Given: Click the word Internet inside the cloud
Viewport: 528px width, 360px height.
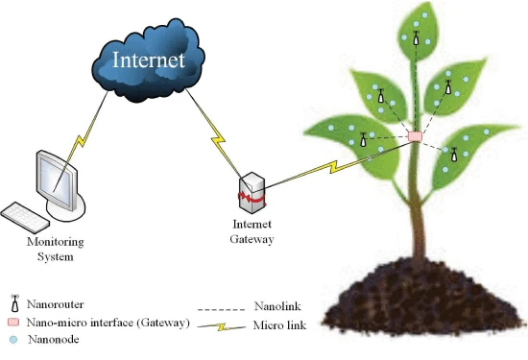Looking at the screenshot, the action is click(x=149, y=60).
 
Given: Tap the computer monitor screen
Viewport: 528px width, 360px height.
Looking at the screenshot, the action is click(x=57, y=182).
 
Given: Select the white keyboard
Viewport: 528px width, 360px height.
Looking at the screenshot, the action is click(x=25, y=217).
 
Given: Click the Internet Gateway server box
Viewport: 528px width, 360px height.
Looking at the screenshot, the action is click(x=252, y=193).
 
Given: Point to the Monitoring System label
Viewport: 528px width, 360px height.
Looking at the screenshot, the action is click(x=56, y=250).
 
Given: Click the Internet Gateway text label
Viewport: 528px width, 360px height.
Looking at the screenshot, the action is click(x=252, y=231).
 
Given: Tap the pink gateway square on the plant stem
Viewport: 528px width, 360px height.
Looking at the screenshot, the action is click(x=415, y=136).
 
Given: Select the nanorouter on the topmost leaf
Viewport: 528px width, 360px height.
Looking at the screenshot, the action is click(x=417, y=38).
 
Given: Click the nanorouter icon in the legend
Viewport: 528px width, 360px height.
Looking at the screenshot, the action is click(x=14, y=303).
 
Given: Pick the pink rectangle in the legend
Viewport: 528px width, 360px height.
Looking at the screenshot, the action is click(x=13, y=323).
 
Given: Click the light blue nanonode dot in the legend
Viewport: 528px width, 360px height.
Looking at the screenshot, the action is click(x=13, y=340).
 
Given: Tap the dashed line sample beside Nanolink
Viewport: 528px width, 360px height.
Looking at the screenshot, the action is click(x=221, y=309).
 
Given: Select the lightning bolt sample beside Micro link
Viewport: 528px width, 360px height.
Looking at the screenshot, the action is click(x=221, y=326).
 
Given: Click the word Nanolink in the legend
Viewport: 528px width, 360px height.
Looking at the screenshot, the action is click(x=277, y=306).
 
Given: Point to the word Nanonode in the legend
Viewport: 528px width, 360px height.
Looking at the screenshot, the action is click(x=54, y=339).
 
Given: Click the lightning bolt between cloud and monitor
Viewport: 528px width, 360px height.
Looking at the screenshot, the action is click(x=81, y=141).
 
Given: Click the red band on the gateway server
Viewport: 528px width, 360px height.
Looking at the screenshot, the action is click(x=252, y=198).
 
